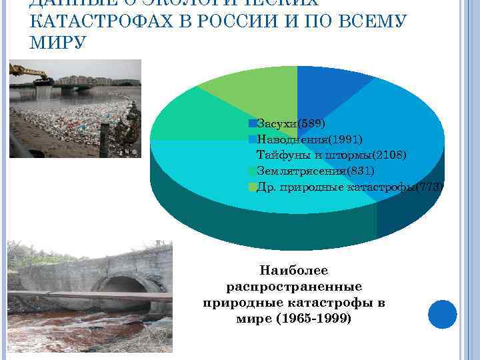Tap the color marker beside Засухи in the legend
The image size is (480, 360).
coord(252,123)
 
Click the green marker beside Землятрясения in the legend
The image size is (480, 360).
coord(252,171)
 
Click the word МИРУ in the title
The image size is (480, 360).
coord(57,43)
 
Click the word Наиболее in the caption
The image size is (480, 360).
coord(293,271)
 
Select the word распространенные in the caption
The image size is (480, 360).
coord(293,287)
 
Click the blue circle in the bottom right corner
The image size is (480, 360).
coord(442,314)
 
